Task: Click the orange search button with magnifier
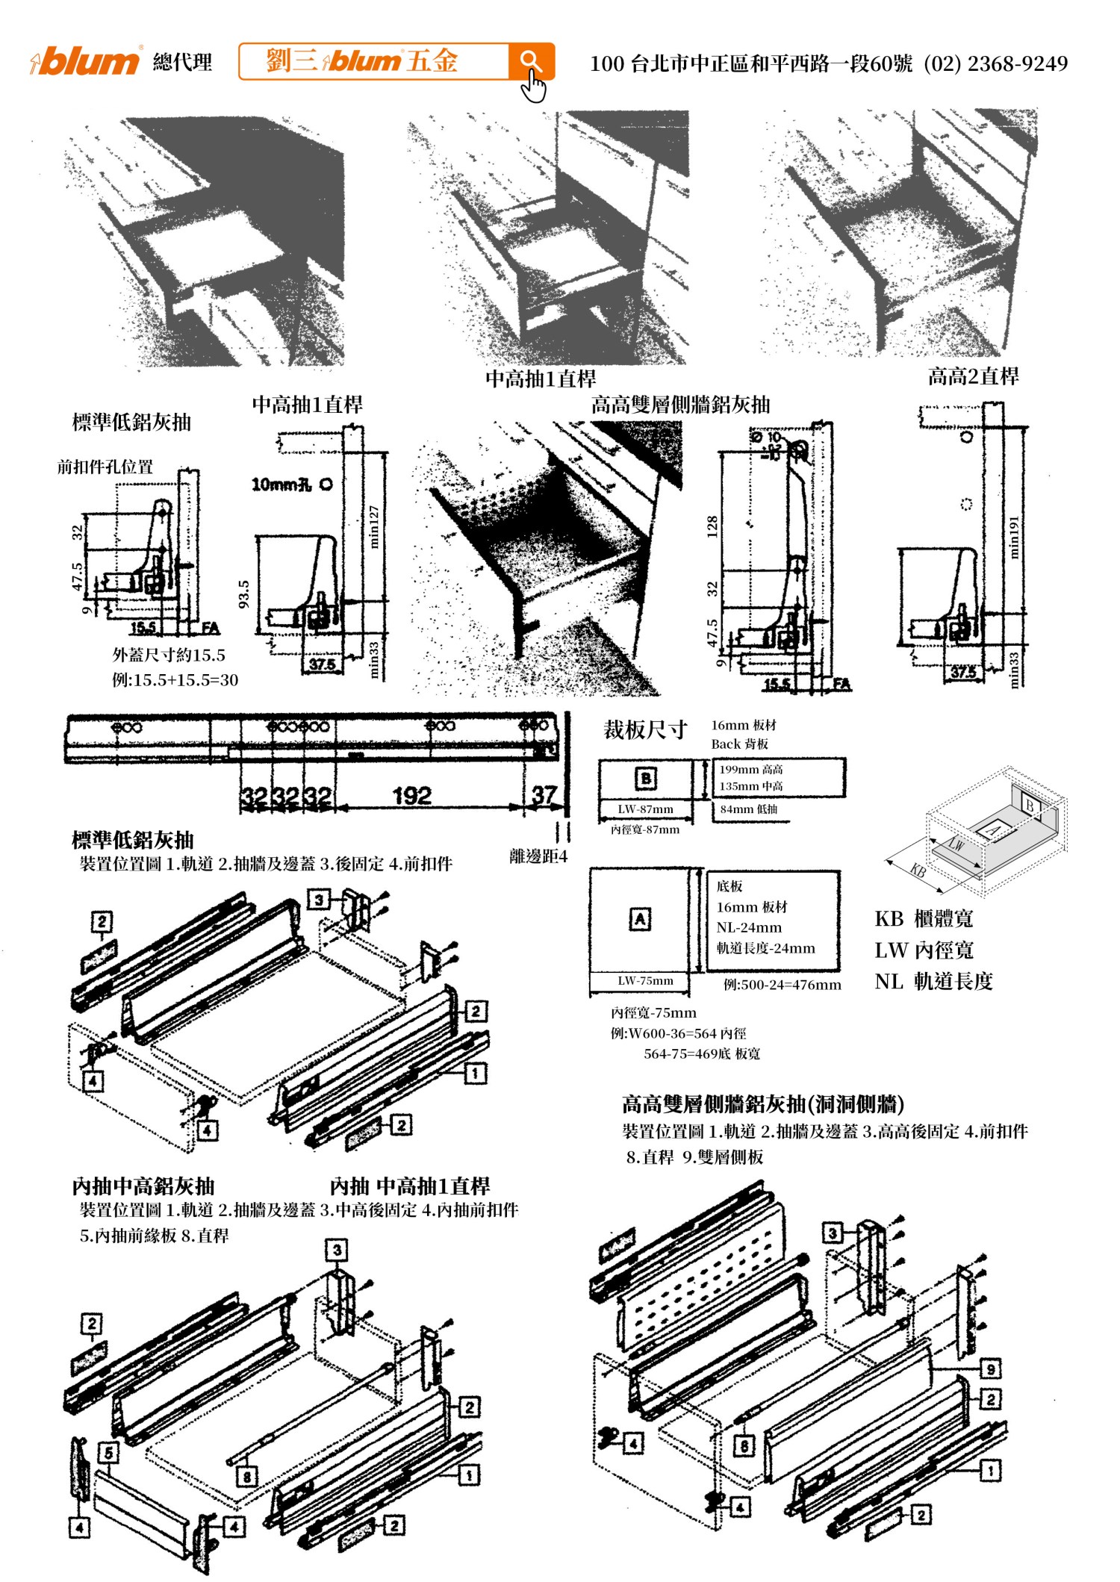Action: pyautogui.click(x=531, y=61)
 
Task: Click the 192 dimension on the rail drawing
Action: pyautogui.click(x=412, y=796)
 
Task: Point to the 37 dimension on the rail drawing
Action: pyautogui.click(x=544, y=795)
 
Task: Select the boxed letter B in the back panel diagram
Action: pyautogui.click(x=645, y=779)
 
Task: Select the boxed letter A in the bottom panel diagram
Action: pyautogui.click(x=640, y=919)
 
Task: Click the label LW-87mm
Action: pyautogui.click(x=645, y=809)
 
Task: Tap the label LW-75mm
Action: pyautogui.click(x=645, y=981)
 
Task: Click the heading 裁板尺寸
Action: pyautogui.click(x=645, y=729)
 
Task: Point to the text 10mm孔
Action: pyautogui.click(x=281, y=485)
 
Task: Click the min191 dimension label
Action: pyautogui.click(x=1013, y=537)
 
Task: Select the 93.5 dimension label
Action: pyautogui.click(x=243, y=594)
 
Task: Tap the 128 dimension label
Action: pyautogui.click(x=712, y=526)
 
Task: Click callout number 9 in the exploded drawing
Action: pyautogui.click(x=990, y=1368)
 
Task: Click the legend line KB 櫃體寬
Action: pyautogui.click(x=924, y=919)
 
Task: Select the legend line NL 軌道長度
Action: pyautogui.click(x=933, y=981)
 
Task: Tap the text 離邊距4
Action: pyautogui.click(x=538, y=856)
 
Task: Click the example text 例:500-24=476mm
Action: pyautogui.click(x=782, y=985)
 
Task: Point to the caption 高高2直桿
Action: pyautogui.click(x=973, y=376)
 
